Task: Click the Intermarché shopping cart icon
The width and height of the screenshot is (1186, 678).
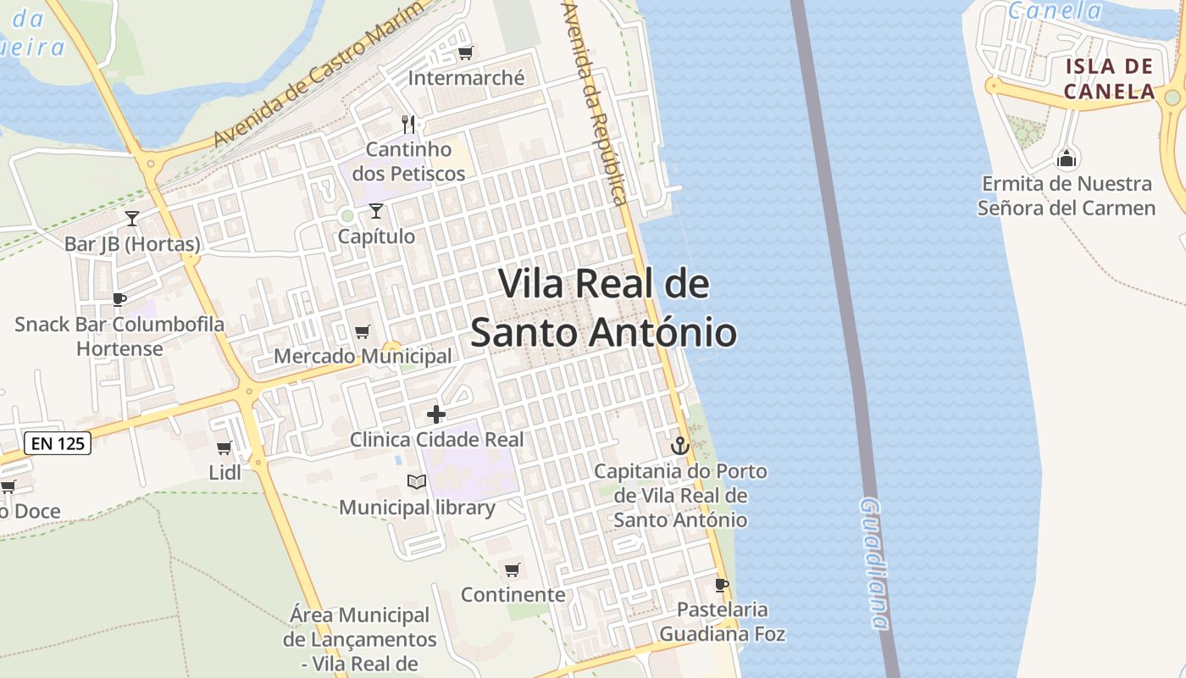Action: [x=464, y=53]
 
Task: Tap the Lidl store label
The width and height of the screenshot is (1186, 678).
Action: [x=224, y=472]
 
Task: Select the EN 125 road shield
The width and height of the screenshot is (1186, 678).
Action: [x=57, y=442]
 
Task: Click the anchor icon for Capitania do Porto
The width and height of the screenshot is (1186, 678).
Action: [x=679, y=445]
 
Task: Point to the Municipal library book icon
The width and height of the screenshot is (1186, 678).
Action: [x=416, y=482]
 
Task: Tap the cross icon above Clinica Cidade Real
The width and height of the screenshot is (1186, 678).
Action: [x=436, y=414]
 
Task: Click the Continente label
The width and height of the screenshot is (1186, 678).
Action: [x=513, y=594]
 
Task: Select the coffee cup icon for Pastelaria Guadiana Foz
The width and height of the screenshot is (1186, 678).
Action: [x=721, y=585]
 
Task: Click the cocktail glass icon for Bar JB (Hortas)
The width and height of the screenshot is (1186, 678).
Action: [x=132, y=219]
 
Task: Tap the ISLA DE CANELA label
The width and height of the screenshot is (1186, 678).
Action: [x=1109, y=79]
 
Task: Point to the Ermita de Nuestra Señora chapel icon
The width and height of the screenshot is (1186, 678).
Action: [x=1066, y=158]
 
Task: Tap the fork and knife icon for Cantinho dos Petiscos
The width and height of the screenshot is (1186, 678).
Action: [x=408, y=125]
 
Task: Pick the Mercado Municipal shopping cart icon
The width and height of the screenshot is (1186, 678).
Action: [x=362, y=331]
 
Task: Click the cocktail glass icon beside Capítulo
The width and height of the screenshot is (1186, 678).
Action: [x=376, y=211]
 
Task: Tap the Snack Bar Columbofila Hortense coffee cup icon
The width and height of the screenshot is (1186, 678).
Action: [x=119, y=299]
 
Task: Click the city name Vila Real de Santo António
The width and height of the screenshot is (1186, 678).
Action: [x=603, y=308]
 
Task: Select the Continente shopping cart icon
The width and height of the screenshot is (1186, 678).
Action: [x=512, y=570]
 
